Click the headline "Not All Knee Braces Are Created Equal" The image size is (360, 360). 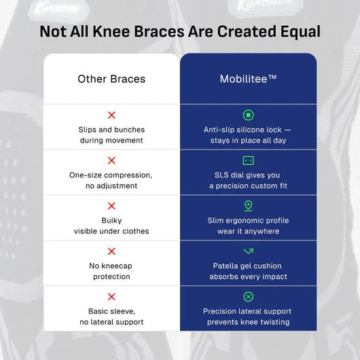[180, 32]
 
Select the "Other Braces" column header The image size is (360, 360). [111, 79]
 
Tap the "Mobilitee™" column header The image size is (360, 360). [248, 79]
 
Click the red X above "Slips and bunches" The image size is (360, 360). [111, 115]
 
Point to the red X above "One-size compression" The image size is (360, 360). [111, 161]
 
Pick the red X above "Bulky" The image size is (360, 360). [111, 206]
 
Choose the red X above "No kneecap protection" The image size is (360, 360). [111, 251]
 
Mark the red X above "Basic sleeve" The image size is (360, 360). [111, 297]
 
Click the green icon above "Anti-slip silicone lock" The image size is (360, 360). [248, 115]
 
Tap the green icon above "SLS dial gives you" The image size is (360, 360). [248, 160]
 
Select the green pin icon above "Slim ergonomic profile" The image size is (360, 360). [248, 205]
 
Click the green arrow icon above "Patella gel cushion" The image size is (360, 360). [248, 251]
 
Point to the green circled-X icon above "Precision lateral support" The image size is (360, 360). [248, 297]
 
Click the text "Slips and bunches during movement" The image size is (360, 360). [111, 135]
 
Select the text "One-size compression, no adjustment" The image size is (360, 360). [111, 181]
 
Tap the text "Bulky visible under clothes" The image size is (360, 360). [111, 226]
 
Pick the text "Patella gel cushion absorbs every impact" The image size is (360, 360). [248, 271]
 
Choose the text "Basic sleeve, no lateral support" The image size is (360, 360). [111, 317]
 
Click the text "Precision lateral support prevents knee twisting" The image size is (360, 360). [248, 317]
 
